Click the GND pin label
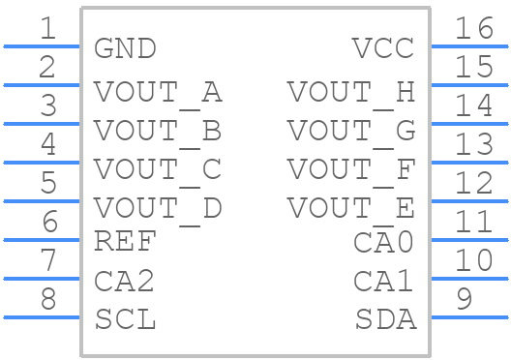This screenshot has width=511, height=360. point(125,47)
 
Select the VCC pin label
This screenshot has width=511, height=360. point(383,47)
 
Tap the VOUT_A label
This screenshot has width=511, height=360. point(158,92)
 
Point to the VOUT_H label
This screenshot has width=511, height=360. point(350,92)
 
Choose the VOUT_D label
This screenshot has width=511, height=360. point(158,207)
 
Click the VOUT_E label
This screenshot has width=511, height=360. point(350,207)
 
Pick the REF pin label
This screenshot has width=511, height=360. point(125,241)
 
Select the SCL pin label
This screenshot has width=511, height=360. point(125,318)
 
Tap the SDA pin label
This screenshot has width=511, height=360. point(385,318)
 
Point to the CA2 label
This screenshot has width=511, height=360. point(125,281)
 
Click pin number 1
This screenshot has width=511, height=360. point(47,29)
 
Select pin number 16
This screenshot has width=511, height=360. point(474,29)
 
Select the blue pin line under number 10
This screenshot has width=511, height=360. point(469,279)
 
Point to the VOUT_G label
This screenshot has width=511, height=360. point(350,130)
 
